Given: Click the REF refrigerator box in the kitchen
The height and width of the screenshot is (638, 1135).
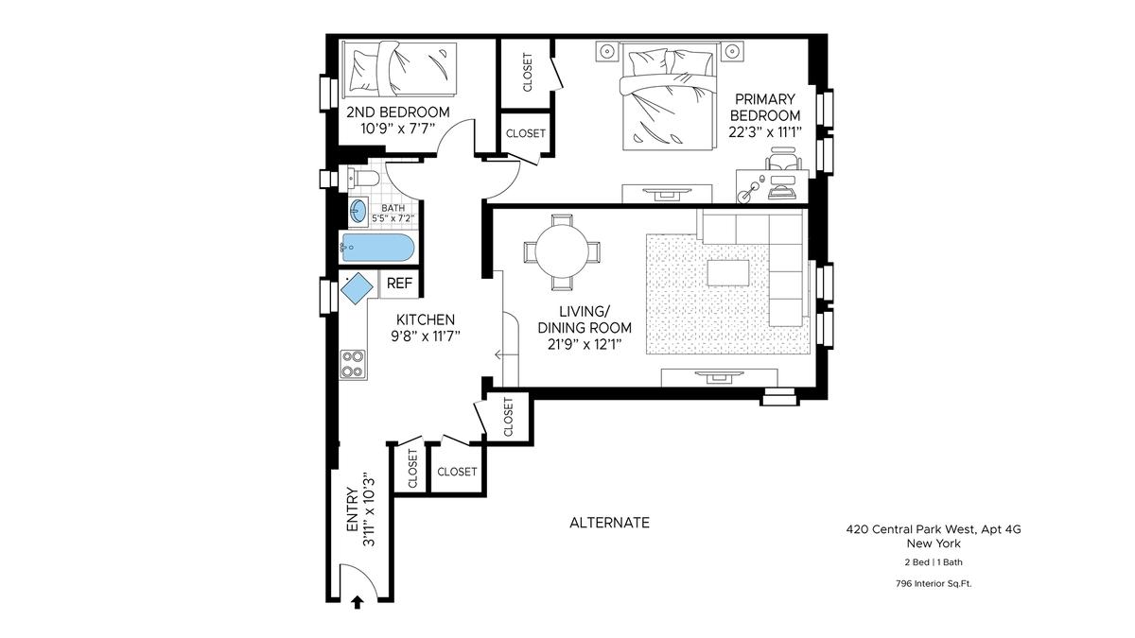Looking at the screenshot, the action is (x=399, y=284).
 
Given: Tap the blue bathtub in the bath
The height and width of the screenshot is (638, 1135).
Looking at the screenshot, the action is (x=377, y=248).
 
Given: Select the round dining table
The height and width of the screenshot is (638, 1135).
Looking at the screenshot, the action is (x=562, y=251).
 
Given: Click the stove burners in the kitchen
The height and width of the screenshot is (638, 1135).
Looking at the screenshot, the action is (x=353, y=364).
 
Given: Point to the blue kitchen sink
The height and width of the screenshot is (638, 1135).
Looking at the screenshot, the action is (x=357, y=288).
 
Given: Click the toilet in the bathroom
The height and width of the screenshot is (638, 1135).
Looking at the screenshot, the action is (x=364, y=179).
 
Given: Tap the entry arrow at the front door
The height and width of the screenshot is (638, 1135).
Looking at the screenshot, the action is (x=358, y=603).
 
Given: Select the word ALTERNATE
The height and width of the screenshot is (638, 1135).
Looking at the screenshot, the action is (x=609, y=523).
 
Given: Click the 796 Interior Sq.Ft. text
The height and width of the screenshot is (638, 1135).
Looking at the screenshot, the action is (x=934, y=583).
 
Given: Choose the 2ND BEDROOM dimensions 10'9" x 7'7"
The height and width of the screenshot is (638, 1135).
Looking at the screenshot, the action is (x=398, y=129).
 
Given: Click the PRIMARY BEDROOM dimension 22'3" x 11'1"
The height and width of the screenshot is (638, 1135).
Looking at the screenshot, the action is (x=765, y=132).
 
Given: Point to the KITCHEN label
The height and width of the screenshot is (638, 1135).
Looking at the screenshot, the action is (x=425, y=319).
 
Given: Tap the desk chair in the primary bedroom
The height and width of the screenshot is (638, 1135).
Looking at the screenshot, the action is (x=783, y=158).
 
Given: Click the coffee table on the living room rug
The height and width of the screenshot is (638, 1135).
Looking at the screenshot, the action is (x=728, y=273).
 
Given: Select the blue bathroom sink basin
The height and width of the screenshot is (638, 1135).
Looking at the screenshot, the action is (x=358, y=211).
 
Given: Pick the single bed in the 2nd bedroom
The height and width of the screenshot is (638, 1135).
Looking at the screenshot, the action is (x=400, y=69).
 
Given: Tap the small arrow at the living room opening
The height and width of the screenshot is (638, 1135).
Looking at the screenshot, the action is (x=499, y=354).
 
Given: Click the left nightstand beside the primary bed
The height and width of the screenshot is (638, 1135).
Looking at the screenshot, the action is (x=606, y=51).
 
